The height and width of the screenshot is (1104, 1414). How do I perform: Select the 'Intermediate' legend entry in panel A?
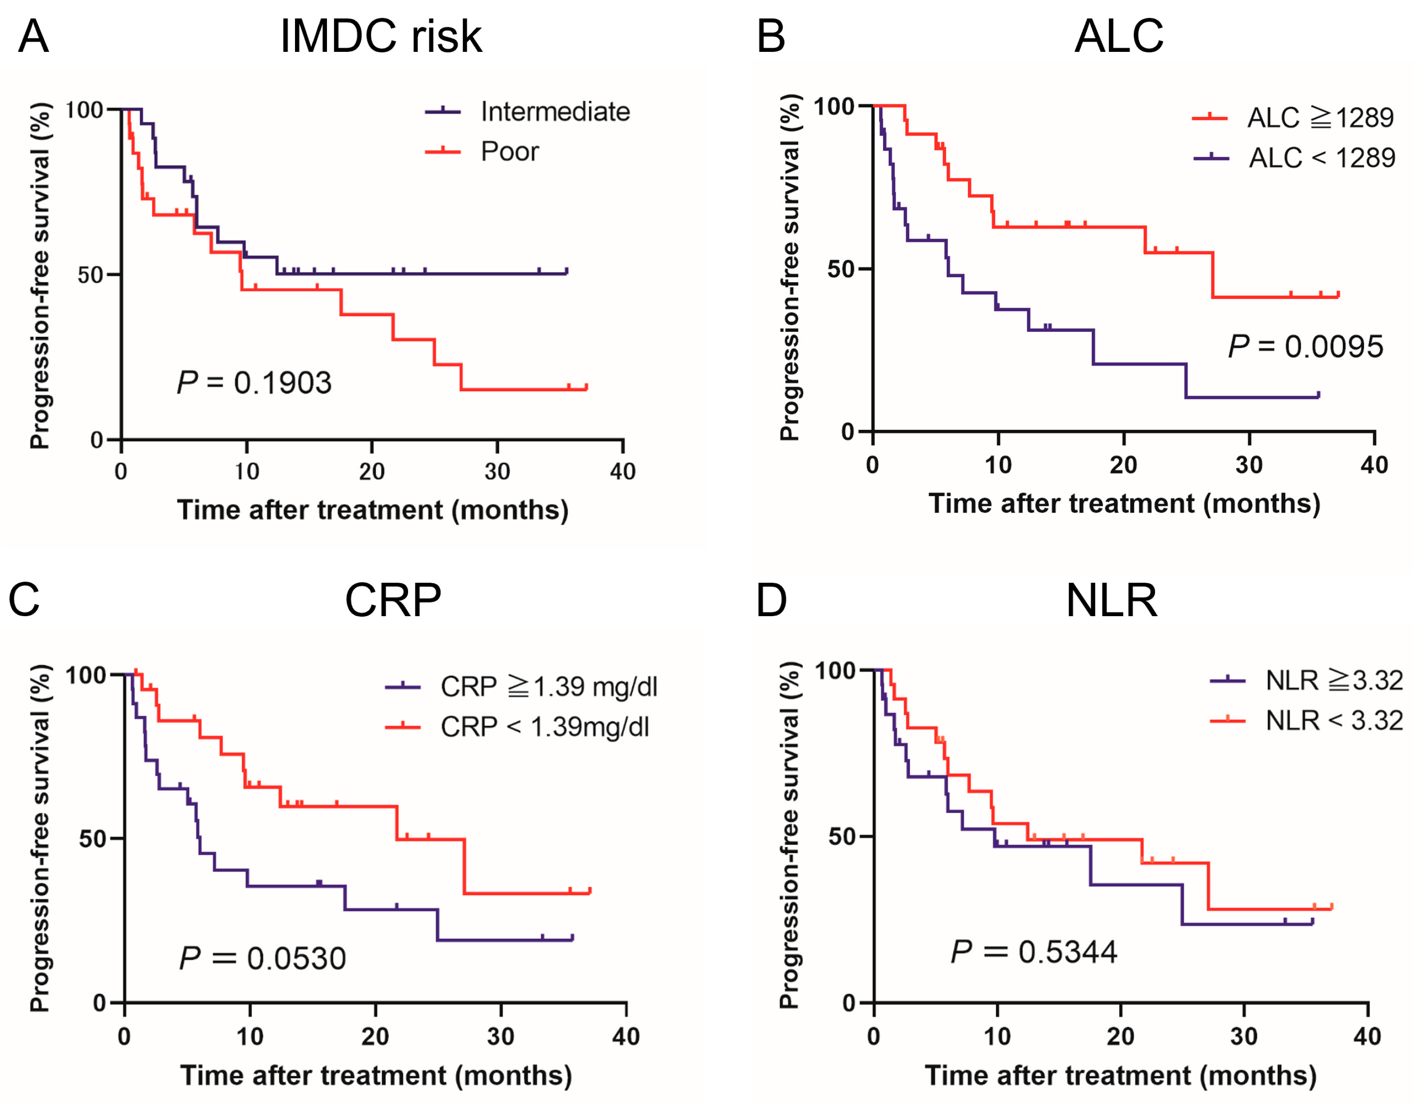click(555, 112)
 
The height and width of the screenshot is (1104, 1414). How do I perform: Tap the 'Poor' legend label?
click(509, 151)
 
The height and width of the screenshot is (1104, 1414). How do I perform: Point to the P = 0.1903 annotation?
click(254, 383)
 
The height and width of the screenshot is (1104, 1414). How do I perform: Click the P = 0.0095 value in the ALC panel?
click(1305, 347)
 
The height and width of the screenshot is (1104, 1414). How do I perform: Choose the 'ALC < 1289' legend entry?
click(1321, 158)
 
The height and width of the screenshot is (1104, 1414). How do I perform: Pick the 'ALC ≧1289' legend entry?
click(1320, 118)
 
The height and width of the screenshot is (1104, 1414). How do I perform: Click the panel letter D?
click(771, 601)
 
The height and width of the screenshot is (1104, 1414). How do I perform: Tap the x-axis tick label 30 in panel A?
click(497, 471)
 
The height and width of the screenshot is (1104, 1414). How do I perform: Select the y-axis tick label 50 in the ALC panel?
click(840, 269)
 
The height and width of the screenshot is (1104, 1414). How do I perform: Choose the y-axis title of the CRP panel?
click(40, 838)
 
